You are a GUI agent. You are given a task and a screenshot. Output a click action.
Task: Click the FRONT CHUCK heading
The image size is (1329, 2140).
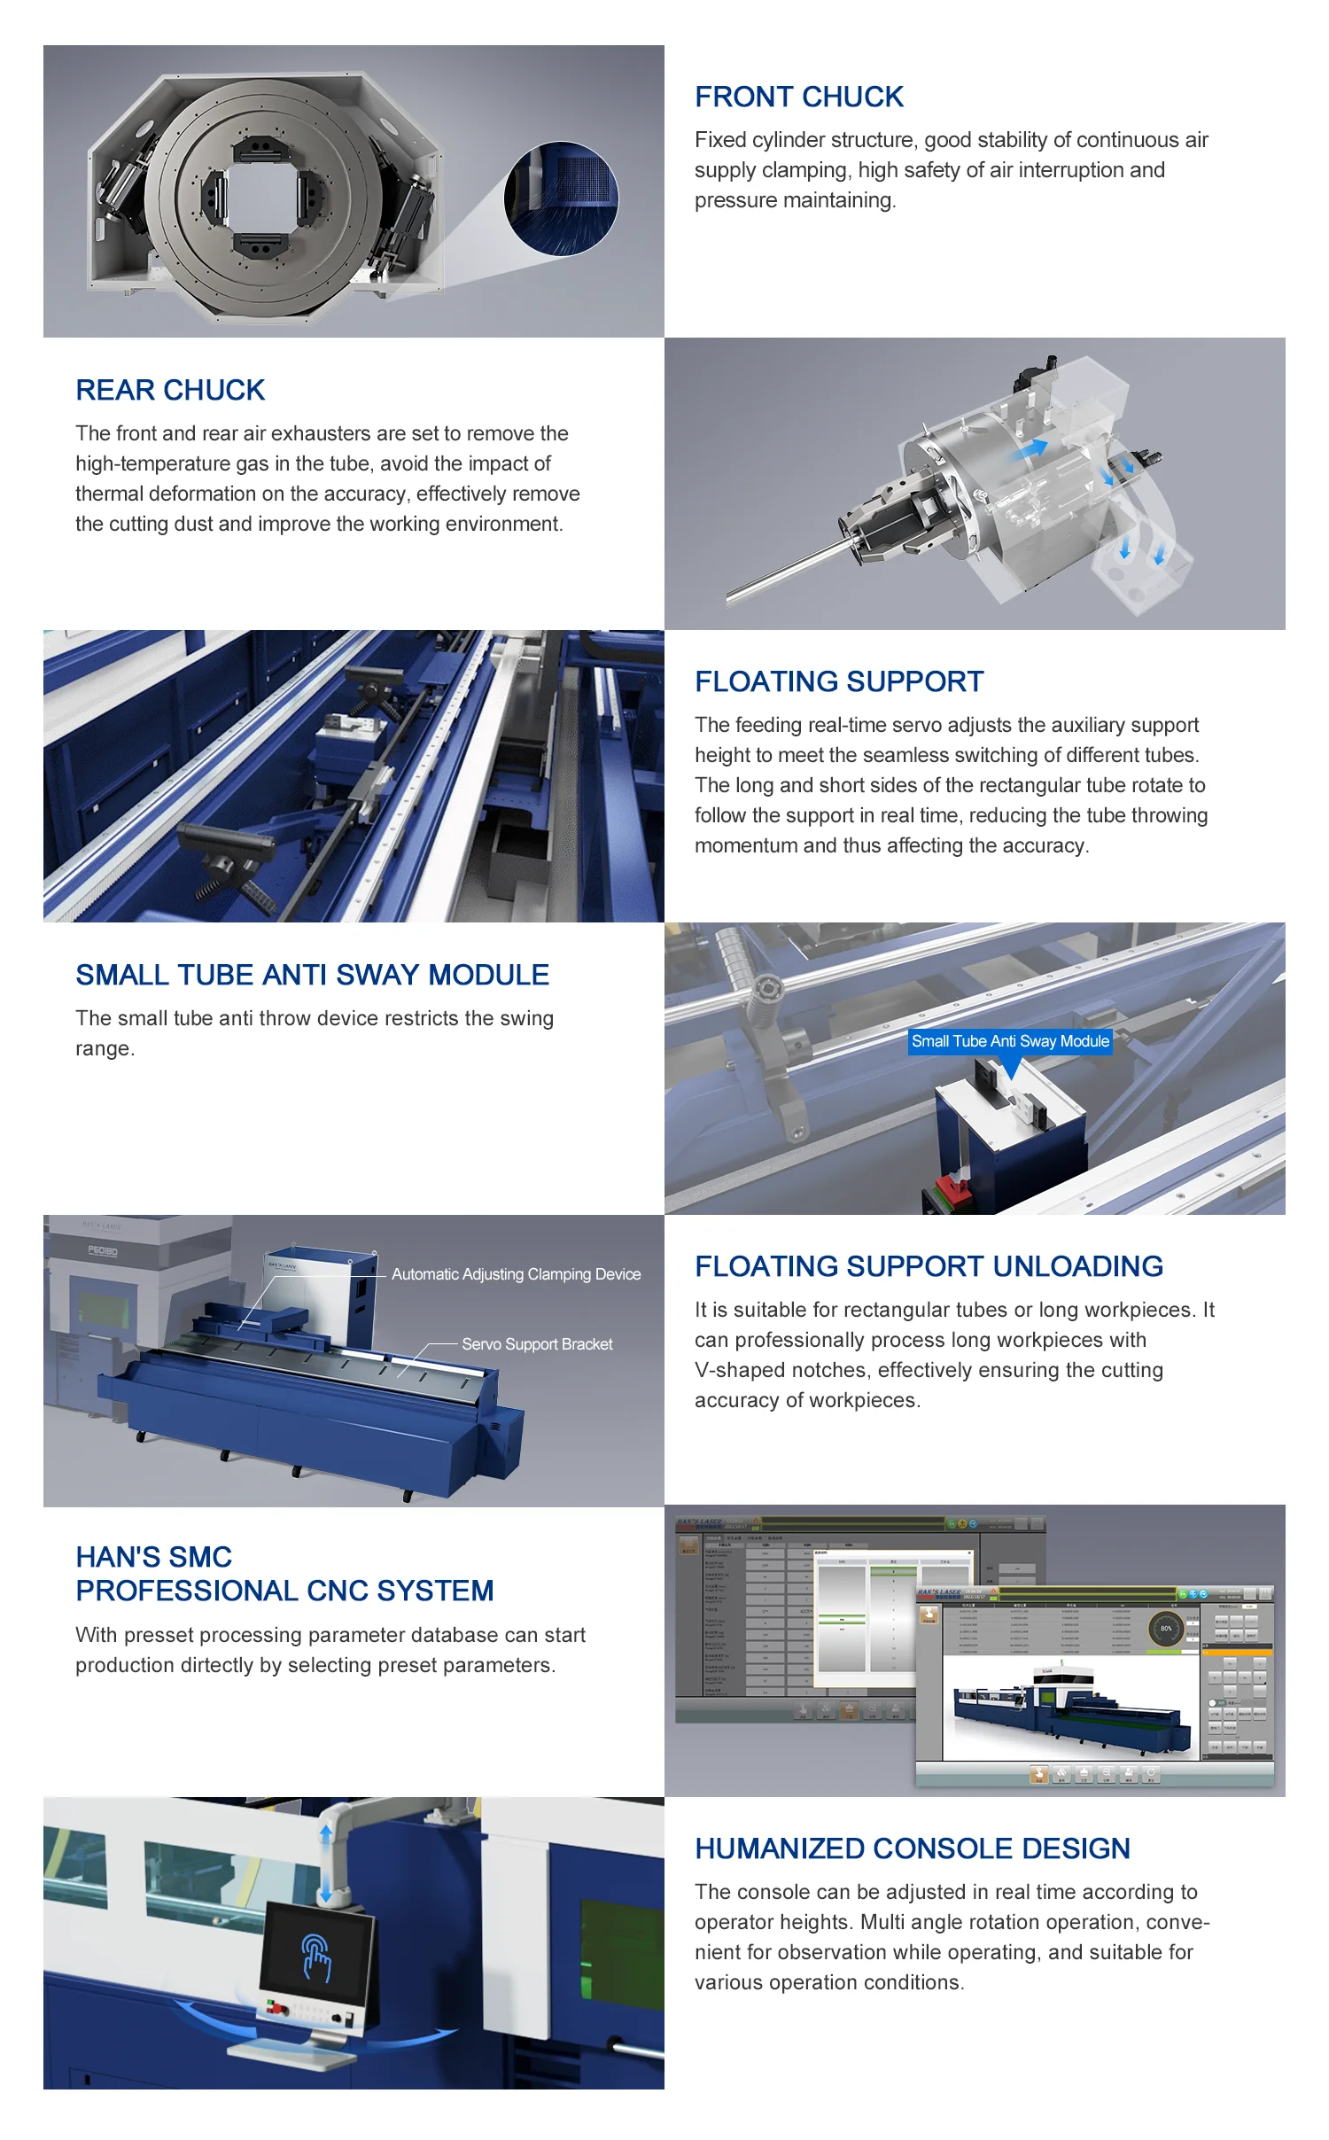click(x=798, y=97)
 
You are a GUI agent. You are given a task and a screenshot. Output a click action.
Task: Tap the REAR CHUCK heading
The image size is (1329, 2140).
click(x=170, y=390)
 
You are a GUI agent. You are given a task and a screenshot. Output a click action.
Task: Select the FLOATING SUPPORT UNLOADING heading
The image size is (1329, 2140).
click(x=929, y=1266)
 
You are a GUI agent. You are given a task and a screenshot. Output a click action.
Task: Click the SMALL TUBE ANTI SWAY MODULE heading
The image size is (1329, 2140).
click(x=312, y=975)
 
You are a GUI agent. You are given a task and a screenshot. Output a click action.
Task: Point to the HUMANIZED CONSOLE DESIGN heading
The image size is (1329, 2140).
click(x=912, y=1848)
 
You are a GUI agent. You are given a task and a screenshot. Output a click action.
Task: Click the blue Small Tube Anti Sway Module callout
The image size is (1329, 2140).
click(x=1010, y=1041)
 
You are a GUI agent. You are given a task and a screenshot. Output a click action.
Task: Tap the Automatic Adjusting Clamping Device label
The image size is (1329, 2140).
click(x=516, y=1274)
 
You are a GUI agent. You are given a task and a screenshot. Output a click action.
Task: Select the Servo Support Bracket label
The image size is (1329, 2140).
click(x=537, y=1344)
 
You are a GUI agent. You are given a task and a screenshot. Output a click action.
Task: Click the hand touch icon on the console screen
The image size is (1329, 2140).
click(x=315, y=1957)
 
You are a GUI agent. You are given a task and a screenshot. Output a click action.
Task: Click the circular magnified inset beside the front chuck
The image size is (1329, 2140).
click(x=561, y=198)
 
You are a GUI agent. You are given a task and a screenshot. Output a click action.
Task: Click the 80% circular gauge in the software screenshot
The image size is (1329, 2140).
click(x=1166, y=1628)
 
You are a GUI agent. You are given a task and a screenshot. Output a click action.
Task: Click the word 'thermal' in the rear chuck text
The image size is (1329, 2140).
click(x=109, y=494)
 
